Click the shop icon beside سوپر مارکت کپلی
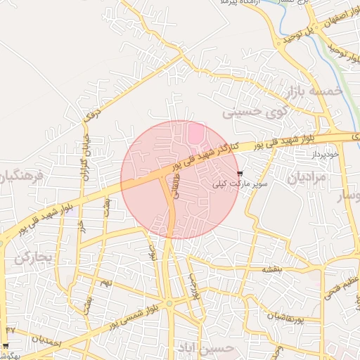coord(240,173)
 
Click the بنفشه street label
coord(271,269)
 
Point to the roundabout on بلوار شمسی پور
coord(169,304)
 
